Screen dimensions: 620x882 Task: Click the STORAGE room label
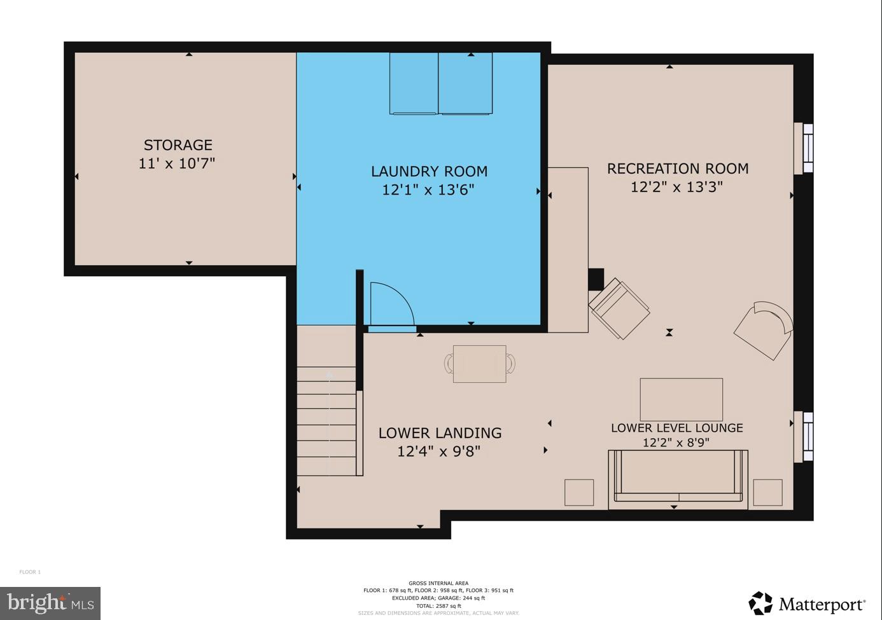tap(178, 145)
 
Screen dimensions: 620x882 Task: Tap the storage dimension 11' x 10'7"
tap(177, 163)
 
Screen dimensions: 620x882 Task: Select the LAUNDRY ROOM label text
tap(429, 171)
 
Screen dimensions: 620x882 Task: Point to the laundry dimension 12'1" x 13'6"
tap(428, 189)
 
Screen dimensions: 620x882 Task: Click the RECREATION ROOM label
tap(677, 169)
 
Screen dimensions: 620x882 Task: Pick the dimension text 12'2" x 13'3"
tap(676, 187)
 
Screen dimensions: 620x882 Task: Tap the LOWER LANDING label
tap(440, 433)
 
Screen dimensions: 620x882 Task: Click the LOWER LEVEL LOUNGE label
tap(676, 428)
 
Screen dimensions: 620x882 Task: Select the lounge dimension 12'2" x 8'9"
tap(676, 443)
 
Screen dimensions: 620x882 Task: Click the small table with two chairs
tap(479, 364)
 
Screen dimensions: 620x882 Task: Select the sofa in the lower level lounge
tap(678, 479)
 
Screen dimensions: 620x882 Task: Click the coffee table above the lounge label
tap(681, 399)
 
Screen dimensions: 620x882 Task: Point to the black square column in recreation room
tap(595, 279)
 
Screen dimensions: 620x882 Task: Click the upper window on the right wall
tap(803, 148)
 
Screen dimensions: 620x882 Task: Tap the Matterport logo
tap(807, 603)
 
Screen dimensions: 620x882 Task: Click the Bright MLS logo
tap(50, 603)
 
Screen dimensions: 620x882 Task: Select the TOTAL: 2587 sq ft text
tap(438, 606)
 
